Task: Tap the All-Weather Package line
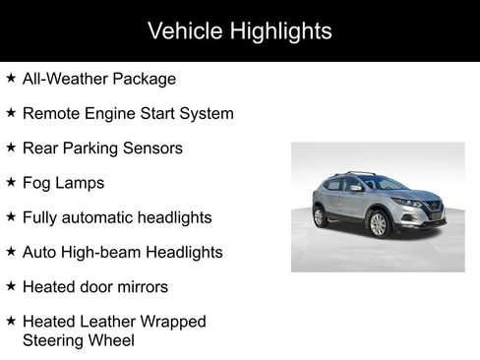coord(98,79)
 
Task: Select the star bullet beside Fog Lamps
coord(11,182)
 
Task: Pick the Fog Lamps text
coord(63,183)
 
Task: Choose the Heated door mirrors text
coord(94,287)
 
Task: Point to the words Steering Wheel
coord(78,340)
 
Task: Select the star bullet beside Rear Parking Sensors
coord(11,148)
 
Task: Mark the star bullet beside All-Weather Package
coord(11,78)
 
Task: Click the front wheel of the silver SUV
coord(378,225)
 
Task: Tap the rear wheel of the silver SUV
coord(320,217)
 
